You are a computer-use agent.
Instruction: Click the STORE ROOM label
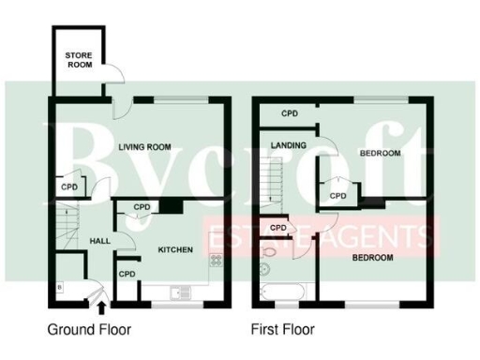(x=79, y=62)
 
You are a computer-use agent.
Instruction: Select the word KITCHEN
(x=175, y=250)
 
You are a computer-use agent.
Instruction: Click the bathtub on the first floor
(x=281, y=292)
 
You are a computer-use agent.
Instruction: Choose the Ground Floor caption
(x=89, y=330)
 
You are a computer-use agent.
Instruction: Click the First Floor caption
(x=282, y=330)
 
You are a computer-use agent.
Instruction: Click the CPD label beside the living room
(x=69, y=187)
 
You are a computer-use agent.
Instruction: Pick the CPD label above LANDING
(x=290, y=113)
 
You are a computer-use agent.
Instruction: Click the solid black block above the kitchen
(x=171, y=206)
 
